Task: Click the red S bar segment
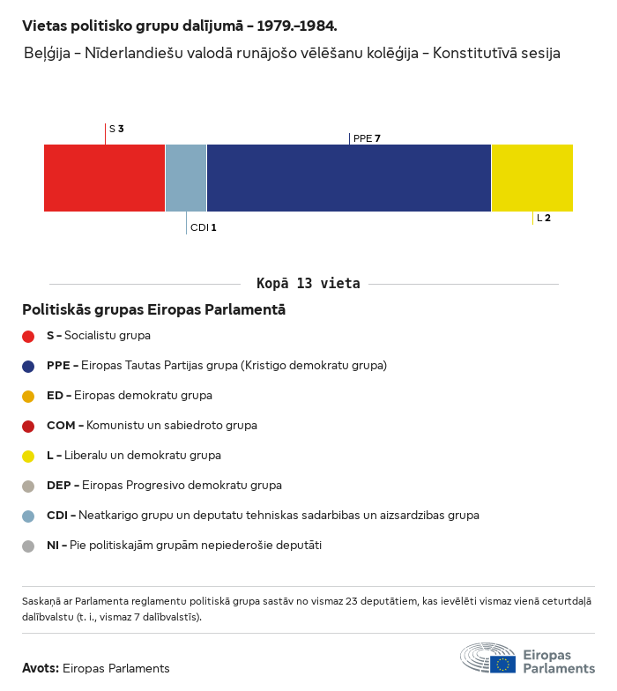click(x=104, y=178)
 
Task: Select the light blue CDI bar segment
click(x=186, y=178)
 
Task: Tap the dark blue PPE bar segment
click(x=348, y=178)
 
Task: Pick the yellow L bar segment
click(x=532, y=178)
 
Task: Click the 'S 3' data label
click(x=115, y=129)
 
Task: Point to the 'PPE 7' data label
click(x=366, y=138)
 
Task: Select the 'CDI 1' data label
click(x=203, y=227)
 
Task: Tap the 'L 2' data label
click(x=544, y=218)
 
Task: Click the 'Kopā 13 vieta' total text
click(x=308, y=284)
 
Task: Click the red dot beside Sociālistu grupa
click(x=28, y=336)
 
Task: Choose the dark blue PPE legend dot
click(x=28, y=366)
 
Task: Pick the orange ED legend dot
click(x=28, y=396)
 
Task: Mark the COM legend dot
click(x=28, y=426)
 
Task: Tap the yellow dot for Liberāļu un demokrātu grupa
click(x=28, y=456)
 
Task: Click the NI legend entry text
click(x=183, y=546)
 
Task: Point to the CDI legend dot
click(x=28, y=516)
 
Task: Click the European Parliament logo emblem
click(x=488, y=658)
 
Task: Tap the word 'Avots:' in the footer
click(x=41, y=668)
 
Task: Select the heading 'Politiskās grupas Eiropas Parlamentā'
click(x=153, y=310)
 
